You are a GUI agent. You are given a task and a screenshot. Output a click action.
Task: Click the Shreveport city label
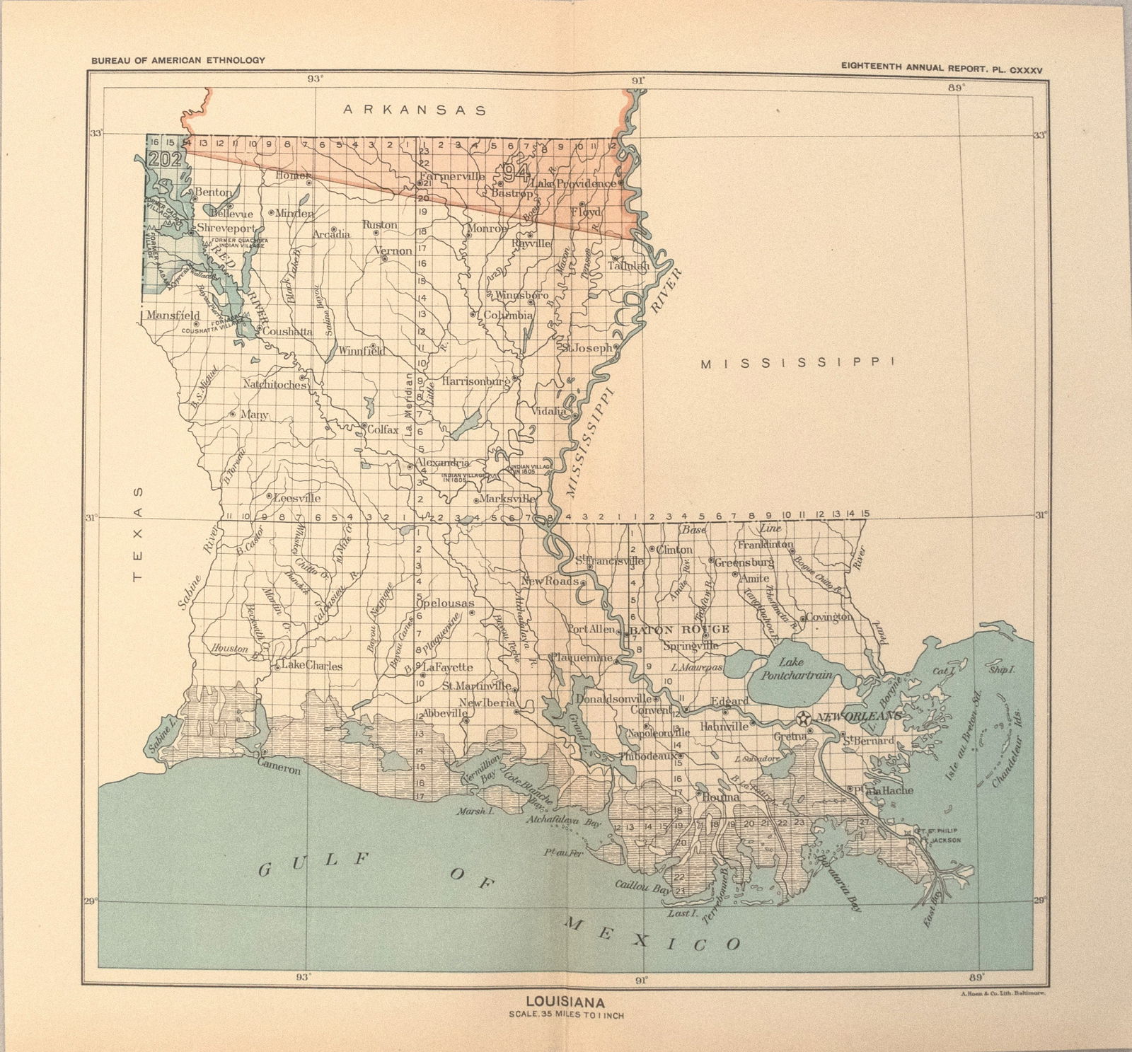[225, 229]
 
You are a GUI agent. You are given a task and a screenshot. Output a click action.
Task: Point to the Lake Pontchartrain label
[796, 669]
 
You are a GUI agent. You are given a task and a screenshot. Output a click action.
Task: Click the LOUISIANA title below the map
[564, 1002]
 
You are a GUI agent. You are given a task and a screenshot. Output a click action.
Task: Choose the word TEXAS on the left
[139, 533]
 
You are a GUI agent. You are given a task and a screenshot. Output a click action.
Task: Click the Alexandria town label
[443, 463]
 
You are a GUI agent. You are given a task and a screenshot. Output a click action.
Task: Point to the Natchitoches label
[275, 384]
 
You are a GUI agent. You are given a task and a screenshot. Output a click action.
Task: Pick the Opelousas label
[445, 603]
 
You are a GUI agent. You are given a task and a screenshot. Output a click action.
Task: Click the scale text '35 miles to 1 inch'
[564, 1015]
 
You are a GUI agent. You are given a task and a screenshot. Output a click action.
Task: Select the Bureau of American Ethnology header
[178, 60]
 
